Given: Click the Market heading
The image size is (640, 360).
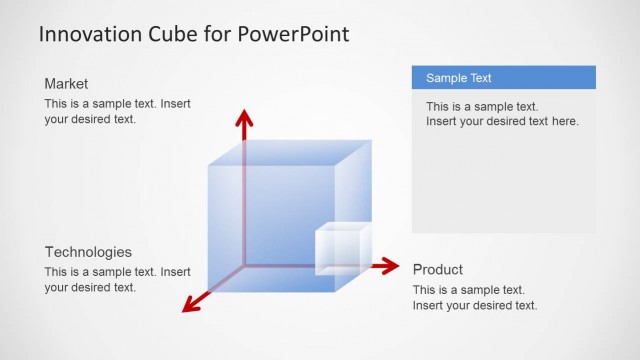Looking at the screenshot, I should click(x=67, y=84).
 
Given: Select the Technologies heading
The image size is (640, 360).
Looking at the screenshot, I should click(x=88, y=252).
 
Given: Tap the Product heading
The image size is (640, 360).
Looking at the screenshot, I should click(x=438, y=270).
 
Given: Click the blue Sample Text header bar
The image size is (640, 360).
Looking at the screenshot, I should click(x=503, y=78).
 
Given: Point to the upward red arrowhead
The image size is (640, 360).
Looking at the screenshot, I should click(x=242, y=119).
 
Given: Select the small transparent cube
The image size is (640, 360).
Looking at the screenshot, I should click(x=341, y=250).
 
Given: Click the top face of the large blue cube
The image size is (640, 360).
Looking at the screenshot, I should click(x=290, y=152).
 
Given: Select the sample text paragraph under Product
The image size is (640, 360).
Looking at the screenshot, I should click(x=475, y=297).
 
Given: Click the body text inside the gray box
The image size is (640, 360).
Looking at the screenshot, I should click(x=502, y=114).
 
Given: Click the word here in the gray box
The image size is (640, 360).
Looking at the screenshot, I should click(x=564, y=121).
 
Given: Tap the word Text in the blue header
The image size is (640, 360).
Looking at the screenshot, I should click(x=480, y=78).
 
